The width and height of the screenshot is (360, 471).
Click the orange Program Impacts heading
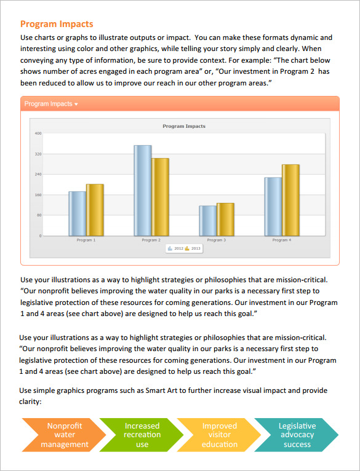point(57,24)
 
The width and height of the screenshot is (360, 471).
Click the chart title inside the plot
point(184,126)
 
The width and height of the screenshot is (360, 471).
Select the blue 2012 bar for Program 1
point(78,213)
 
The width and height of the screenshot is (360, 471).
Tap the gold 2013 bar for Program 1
point(95,210)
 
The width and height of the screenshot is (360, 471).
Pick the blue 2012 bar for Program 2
point(143,190)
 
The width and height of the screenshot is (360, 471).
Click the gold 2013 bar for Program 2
point(160,197)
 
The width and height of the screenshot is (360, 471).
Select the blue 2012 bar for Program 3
point(208,220)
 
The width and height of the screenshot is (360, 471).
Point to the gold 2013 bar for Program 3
point(225,219)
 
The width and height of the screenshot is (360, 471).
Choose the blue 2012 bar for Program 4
point(273,206)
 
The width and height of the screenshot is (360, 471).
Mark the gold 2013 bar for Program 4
point(290,200)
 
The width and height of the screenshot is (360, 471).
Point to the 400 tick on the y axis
point(38,133)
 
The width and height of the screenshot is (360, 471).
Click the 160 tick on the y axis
point(38,195)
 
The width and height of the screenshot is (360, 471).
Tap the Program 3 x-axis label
point(216,240)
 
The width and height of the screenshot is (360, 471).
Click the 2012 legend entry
point(175,248)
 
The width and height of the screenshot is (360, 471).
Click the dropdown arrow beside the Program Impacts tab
point(76,105)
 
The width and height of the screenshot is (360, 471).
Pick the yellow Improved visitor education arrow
point(219,435)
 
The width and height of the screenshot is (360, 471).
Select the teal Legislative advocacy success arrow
point(297,435)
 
